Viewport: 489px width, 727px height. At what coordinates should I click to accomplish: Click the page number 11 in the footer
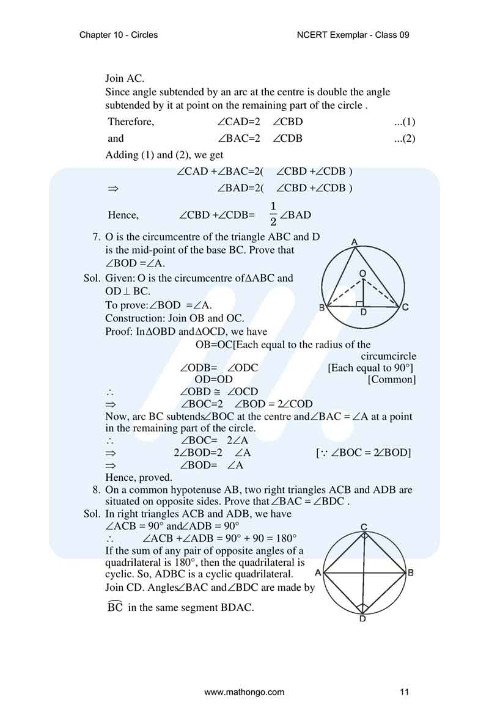(404, 692)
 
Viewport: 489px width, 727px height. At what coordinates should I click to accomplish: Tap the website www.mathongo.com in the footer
(244, 692)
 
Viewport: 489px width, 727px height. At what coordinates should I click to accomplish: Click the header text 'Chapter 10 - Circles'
(119, 35)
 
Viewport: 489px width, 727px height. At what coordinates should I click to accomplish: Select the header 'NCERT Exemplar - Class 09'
(352, 35)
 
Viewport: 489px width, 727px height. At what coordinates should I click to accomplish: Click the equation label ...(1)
(405, 122)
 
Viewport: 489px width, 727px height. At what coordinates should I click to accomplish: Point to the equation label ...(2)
(405, 138)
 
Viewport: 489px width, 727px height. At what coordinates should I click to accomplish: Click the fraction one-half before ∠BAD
(273, 214)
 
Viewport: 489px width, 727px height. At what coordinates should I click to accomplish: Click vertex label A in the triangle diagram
(355, 243)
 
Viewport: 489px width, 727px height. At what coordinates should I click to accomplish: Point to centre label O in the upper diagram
(362, 272)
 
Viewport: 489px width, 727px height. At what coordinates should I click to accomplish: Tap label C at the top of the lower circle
(364, 527)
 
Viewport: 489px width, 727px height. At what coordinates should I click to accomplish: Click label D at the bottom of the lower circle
(363, 618)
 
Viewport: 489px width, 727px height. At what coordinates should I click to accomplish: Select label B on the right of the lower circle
(410, 572)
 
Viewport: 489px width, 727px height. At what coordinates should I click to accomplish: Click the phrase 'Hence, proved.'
(139, 477)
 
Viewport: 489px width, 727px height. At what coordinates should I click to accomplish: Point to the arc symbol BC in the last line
(115, 607)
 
